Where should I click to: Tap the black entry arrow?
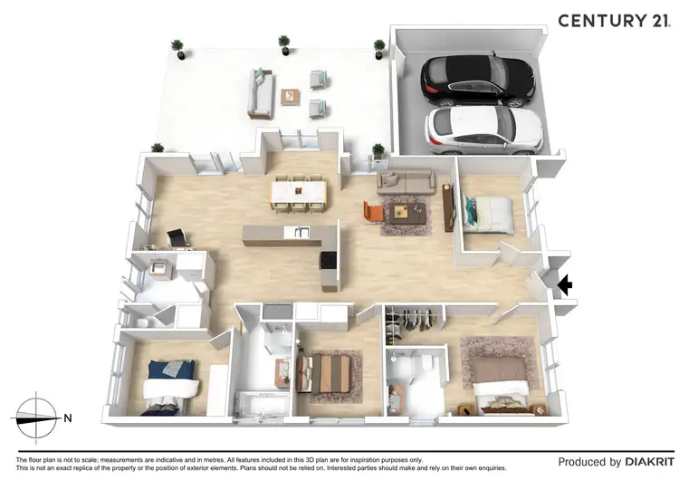point(564,286)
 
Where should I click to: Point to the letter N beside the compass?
point(68,418)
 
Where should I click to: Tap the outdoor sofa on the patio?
point(261,92)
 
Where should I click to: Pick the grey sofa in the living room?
point(406,181)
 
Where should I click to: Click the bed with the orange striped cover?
point(324,371)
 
